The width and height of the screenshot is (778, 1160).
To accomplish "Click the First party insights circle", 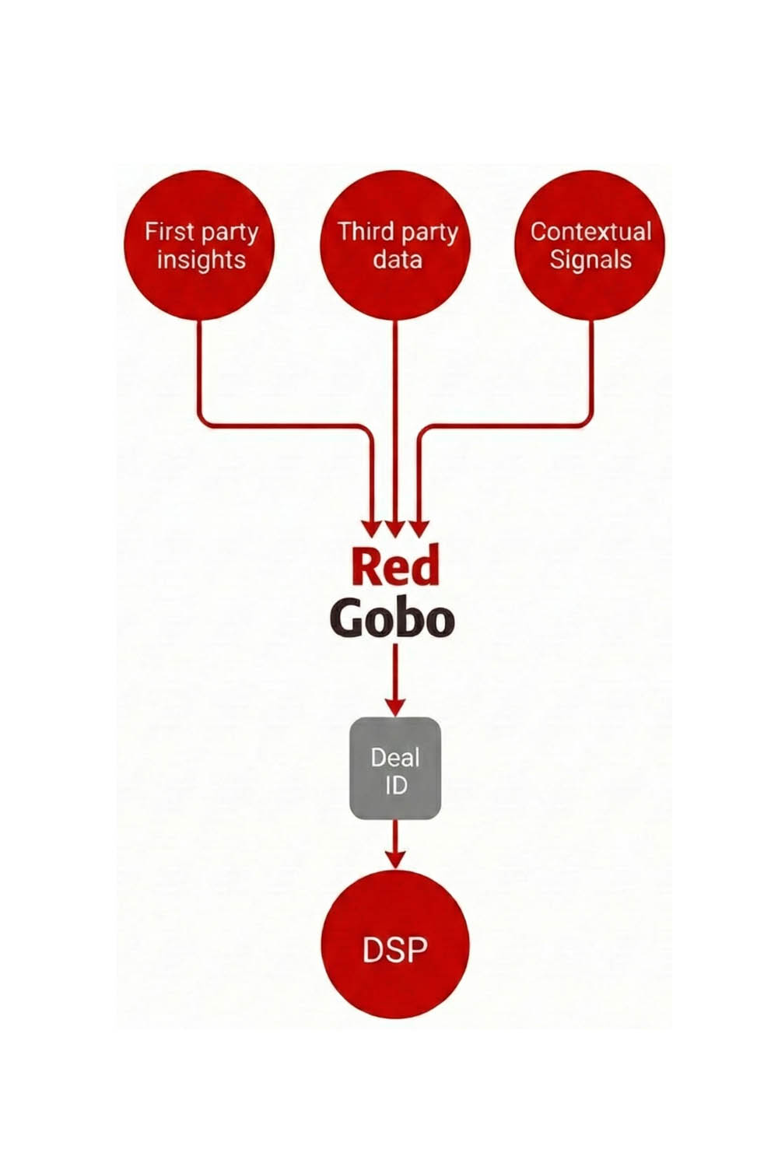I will [199, 245].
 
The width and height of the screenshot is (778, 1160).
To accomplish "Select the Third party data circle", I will [395, 245].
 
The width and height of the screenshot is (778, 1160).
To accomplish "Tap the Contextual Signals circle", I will [591, 245].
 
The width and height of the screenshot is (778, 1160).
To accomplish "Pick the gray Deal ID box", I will [395, 769].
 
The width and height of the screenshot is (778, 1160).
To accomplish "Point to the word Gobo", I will [392, 620].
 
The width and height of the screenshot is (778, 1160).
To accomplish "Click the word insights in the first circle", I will [201, 259].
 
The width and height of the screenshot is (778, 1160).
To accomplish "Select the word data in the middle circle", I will [397, 259].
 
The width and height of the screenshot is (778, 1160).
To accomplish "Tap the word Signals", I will [591, 259].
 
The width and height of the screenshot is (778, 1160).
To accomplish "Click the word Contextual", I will [591, 231].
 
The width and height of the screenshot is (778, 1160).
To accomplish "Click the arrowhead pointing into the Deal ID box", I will [395, 706].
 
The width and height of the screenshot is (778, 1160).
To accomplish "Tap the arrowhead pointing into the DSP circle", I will [395, 859].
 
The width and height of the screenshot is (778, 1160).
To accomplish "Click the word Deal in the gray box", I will [395, 757].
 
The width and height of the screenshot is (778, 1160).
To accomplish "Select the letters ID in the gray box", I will [395, 785].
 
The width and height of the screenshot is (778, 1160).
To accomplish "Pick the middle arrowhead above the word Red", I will [395, 528].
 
